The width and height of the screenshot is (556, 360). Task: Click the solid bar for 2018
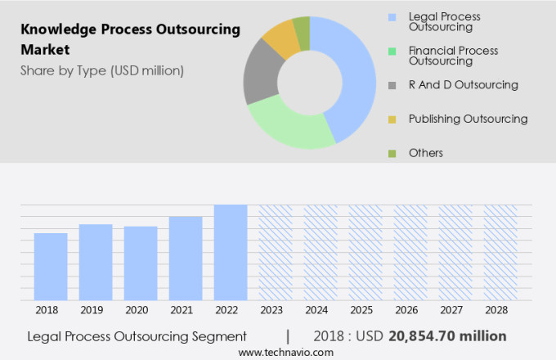[x=51, y=267]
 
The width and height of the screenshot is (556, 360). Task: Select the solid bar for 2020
[x=141, y=263]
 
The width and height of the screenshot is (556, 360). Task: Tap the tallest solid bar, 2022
[x=231, y=252]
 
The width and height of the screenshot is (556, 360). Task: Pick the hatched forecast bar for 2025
[x=365, y=252]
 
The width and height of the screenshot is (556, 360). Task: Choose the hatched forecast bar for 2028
[x=500, y=252]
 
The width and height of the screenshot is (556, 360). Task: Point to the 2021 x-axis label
[x=186, y=310]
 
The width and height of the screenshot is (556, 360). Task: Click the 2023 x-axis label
[x=276, y=310]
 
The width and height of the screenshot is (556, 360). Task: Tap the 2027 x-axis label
[x=455, y=310]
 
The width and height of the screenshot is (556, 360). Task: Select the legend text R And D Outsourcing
[x=464, y=84]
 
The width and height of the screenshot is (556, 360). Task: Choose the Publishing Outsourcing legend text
[x=468, y=119]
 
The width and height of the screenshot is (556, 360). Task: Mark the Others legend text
[x=426, y=153]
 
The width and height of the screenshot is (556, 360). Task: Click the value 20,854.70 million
[x=447, y=336]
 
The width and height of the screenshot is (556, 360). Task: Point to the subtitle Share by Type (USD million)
[x=102, y=70]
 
